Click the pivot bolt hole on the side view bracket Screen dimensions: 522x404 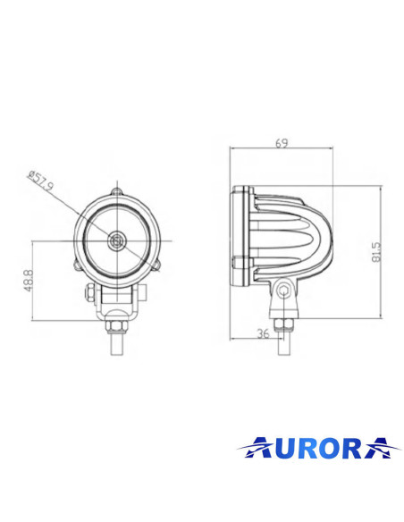pos(282,291)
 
